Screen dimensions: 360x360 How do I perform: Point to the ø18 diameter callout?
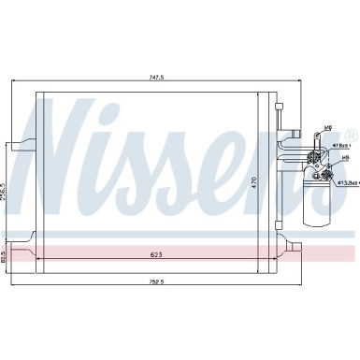tap(345, 146)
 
